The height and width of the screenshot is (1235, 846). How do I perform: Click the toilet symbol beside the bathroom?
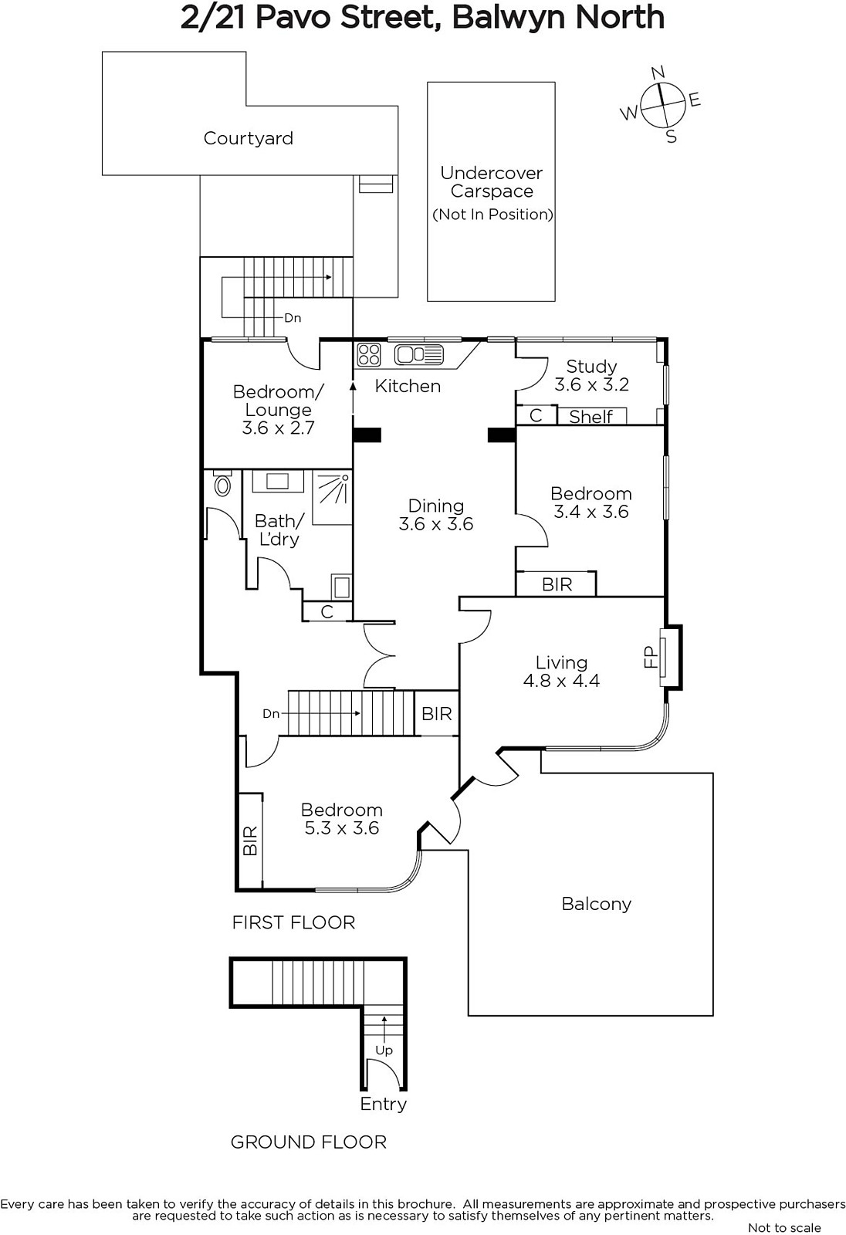[x=223, y=483]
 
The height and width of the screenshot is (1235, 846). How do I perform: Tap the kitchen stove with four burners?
[x=368, y=354]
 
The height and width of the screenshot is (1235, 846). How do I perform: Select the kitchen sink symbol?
[x=419, y=354]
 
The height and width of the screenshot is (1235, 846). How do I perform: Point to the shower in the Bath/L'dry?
[x=332, y=497]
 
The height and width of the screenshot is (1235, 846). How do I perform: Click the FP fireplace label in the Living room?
[x=651, y=657]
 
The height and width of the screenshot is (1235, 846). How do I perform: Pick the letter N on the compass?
[x=658, y=73]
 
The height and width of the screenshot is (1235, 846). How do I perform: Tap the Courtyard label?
[x=249, y=138]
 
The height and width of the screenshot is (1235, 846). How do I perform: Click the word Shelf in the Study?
[x=591, y=417]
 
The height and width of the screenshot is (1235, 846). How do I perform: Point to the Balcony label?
[x=596, y=904]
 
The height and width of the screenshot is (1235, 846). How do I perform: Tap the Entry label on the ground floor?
[x=384, y=1105]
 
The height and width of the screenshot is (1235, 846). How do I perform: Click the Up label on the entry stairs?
[x=384, y=1051]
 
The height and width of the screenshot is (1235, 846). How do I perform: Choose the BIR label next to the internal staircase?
[x=437, y=714]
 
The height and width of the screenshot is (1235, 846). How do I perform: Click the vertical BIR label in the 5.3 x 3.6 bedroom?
[x=250, y=841]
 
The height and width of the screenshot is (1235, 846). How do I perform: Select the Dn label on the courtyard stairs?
[x=293, y=318]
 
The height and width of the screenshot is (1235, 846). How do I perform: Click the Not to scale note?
[x=784, y=1227]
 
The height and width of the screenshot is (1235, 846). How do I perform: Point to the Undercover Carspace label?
[x=492, y=182]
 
